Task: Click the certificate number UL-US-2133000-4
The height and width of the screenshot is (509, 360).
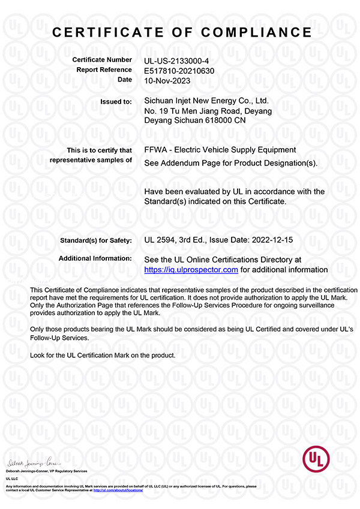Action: [x=176, y=61]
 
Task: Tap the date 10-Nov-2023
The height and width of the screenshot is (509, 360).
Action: [x=169, y=80]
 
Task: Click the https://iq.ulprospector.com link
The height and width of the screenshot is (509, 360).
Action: [x=192, y=270]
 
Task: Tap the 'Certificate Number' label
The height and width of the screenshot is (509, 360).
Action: [x=102, y=60]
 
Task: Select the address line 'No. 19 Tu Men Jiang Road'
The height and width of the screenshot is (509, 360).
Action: [x=193, y=111]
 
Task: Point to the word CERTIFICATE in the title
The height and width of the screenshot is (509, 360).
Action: [x=110, y=32]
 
